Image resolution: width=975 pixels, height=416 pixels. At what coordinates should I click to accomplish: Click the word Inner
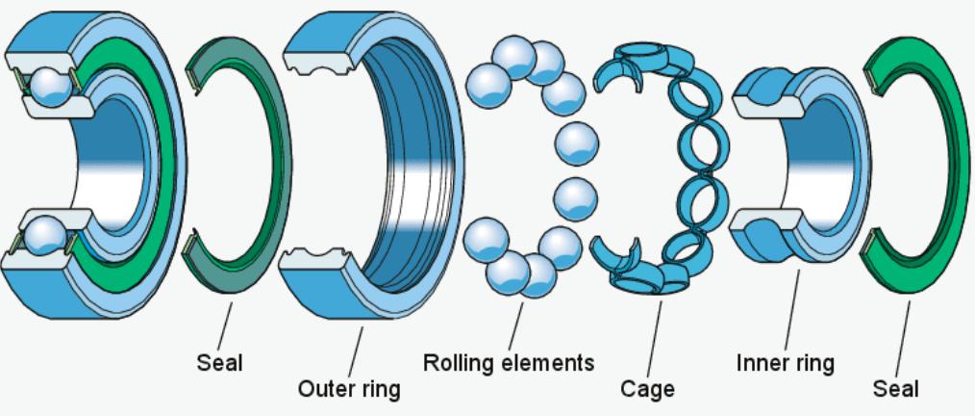tap(761, 365)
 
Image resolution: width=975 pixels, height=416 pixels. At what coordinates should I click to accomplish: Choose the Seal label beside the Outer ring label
tap(220, 364)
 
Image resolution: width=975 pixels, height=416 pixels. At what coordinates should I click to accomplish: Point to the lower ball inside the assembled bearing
tap(48, 232)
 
